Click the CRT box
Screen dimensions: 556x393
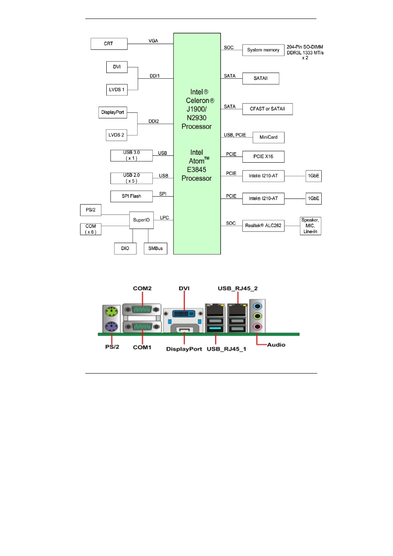tap(109, 44)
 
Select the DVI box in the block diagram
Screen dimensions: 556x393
tap(117, 67)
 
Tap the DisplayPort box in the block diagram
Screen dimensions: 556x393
tap(112, 112)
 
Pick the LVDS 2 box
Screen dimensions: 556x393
tap(116, 135)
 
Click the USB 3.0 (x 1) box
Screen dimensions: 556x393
tap(131, 156)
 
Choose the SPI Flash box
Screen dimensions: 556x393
tap(131, 196)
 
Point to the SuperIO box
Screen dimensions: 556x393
tap(141, 220)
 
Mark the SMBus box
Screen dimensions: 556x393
tap(155, 248)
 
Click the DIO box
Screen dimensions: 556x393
tap(125, 248)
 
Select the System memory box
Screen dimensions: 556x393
tap(263, 50)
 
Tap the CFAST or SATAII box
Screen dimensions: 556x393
tap(267, 109)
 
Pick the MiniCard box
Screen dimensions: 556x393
tap(268, 138)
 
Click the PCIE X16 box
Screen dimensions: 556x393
tap(263, 157)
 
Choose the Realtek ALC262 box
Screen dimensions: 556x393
tap(263, 226)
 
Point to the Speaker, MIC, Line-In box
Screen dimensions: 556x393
tap(310, 226)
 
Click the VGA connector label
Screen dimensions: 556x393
tap(153, 41)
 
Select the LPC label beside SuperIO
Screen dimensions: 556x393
tap(164, 217)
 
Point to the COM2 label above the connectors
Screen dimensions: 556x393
tap(142, 288)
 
